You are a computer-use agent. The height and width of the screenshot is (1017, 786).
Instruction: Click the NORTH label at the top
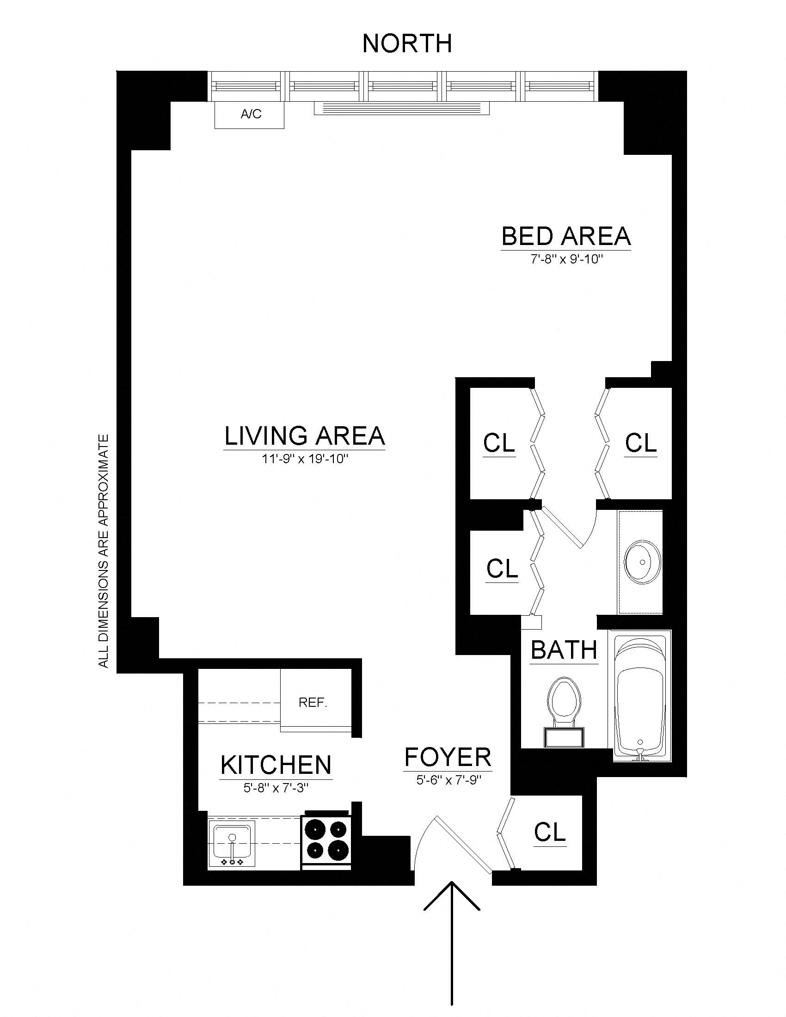pos(407,43)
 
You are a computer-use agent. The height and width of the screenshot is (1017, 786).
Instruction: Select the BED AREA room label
pos(566,236)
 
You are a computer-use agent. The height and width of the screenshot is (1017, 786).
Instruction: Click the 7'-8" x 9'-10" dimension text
pos(566,259)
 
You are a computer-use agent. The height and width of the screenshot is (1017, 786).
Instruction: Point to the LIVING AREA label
pos(305,436)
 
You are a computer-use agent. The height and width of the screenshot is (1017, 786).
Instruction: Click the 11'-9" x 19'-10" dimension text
pos(305,459)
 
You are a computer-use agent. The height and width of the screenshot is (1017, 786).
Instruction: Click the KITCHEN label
pos(276,765)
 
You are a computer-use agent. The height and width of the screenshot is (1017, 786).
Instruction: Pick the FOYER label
pos(448,757)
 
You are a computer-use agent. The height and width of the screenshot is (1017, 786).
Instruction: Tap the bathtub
pos(641,696)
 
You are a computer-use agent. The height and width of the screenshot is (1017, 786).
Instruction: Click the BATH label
pos(564,650)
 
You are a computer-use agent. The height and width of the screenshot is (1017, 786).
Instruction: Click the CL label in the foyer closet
pos(549,832)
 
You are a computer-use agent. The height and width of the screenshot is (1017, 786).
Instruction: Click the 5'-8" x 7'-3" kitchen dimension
pos(276,788)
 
